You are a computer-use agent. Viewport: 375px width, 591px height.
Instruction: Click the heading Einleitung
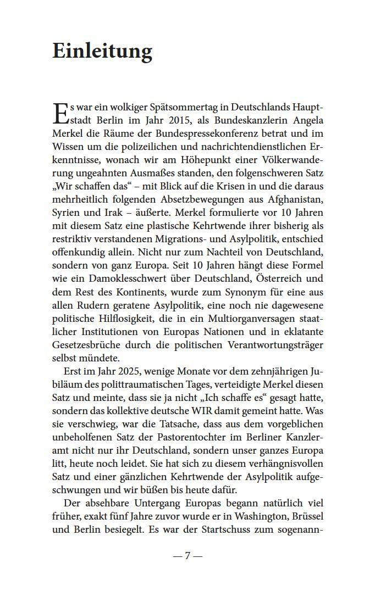click(x=102, y=51)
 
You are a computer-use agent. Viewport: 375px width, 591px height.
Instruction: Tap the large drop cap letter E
click(x=62, y=114)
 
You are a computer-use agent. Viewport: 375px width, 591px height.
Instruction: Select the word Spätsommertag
click(x=173, y=106)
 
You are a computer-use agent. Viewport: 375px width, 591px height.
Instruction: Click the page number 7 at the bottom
click(x=187, y=556)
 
